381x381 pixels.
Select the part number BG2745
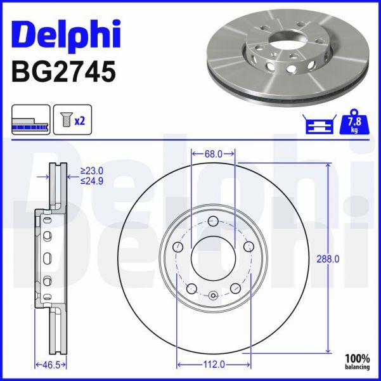coord(63,71)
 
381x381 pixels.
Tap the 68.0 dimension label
coord(213,153)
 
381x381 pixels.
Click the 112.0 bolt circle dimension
coord(213,365)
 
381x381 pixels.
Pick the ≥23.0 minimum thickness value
coord(92,170)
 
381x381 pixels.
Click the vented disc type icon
coord(30,120)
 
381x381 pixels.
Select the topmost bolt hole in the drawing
coord(213,221)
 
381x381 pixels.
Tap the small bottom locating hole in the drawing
coord(213,295)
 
